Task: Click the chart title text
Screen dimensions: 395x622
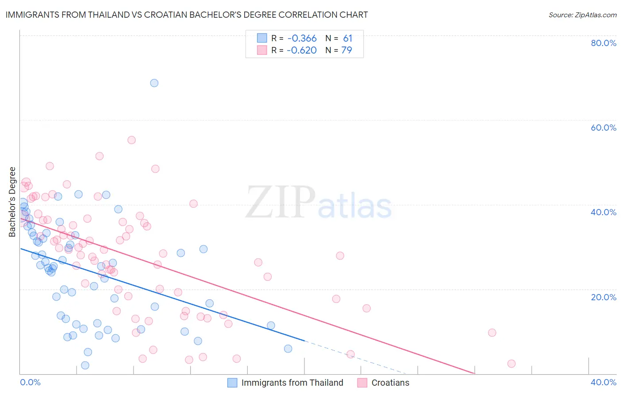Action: pyautogui.click(x=187, y=15)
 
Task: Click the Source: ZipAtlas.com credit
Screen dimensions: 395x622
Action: pyautogui.click(x=582, y=15)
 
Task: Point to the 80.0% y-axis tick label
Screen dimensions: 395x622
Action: pyautogui.click(x=603, y=43)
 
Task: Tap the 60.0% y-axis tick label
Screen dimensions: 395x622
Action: pyautogui.click(x=603, y=128)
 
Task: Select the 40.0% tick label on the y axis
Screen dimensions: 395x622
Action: pyautogui.click(x=603, y=212)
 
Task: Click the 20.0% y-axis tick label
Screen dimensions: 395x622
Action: pyautogui.click(x=603, y=297)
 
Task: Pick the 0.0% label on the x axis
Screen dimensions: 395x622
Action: pyautogui.click(x=30, y=382)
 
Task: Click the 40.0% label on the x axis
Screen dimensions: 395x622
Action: pyautogui.click(x=603, y=382)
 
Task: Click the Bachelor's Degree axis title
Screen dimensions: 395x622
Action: pyautogui.click(x=12, y=202)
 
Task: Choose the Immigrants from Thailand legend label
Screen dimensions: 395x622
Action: pyautogui.click(x=292, y=383)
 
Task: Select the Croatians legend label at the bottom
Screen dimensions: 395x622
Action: pyautogui.click(x=390, y=383)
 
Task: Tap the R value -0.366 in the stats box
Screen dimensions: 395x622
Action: pyautogui.click(x=302, y=39)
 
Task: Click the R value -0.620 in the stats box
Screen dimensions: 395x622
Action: pyautogui.click(x=302, y=50)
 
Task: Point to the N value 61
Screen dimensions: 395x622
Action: pyautogui.click(x=348, y=39)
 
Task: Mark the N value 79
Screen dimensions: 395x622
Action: pyautogui.click(x=347, y=50)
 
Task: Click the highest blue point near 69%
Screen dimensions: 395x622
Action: pyautogui.click(x=154, y=83)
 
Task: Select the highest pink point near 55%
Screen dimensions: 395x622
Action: pyautogui.click(x=131, y=140)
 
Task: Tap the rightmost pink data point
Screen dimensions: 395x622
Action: pyautogui.click(x=511, y=364)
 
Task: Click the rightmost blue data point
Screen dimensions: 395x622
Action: pyautogui.click(x=288, y=349)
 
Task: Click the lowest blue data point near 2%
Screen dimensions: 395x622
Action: pyautogui.click(x=85, y=365)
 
